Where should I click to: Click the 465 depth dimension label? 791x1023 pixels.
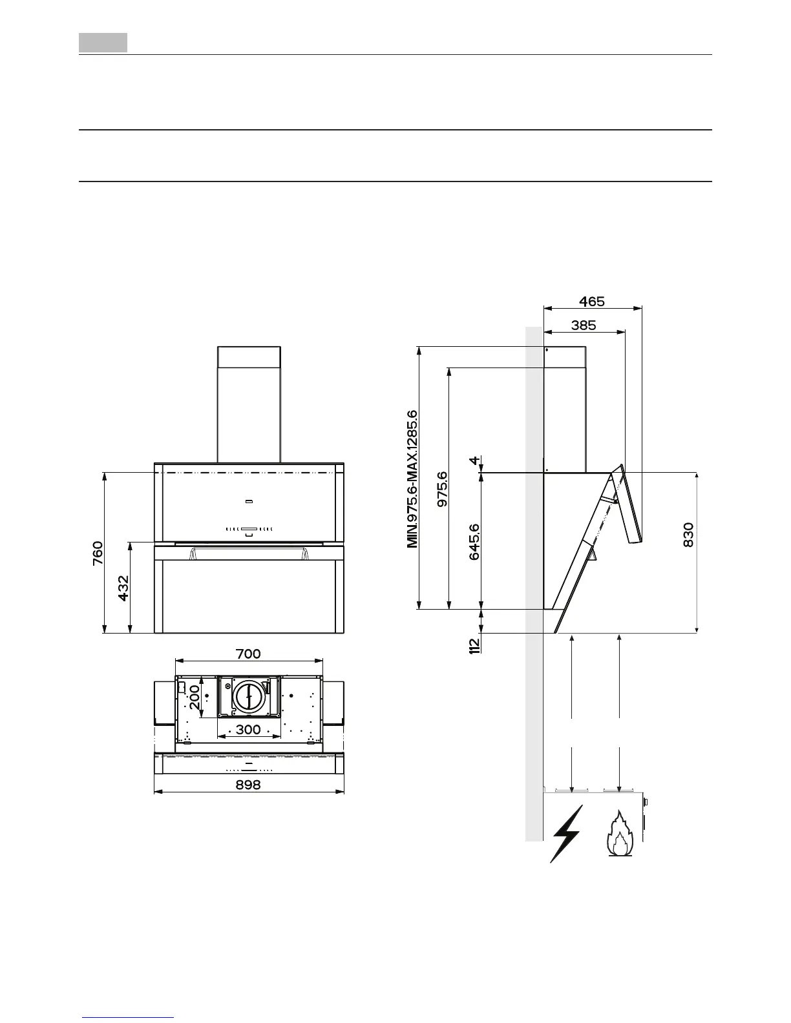pyautogui.click(x=591, y=302)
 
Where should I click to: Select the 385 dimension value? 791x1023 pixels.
pyautogui.click(x=584, y=326)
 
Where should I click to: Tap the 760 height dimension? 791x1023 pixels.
pyautogui.click(x=97, y=553)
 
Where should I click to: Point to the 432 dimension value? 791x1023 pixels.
pyautogui.click(x=123, y=588)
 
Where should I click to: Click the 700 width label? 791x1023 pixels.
pyautogui.click(x=248, y=654)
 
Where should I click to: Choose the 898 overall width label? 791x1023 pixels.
pyautogui.click(x=248, y=784)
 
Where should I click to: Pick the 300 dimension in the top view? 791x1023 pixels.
pyautogui.click(x=248, y=730)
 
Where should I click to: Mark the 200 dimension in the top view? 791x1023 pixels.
pyautogui.click(x=195, y=697)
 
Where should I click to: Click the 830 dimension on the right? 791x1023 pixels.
pyautogui.click(x=688, y=535)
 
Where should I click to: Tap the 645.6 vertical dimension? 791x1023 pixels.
pyautogui.click(x=474, y=541)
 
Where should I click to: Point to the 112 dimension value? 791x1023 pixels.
pyautogui.click(x=474, y=645)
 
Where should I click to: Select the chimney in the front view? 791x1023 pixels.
pyautogui.click(x=249, y=404)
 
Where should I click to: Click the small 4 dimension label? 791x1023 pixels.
pyautogui.click(x=475, y=460)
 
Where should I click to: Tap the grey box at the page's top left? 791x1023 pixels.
pyautogui.click(x=103, y=43)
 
